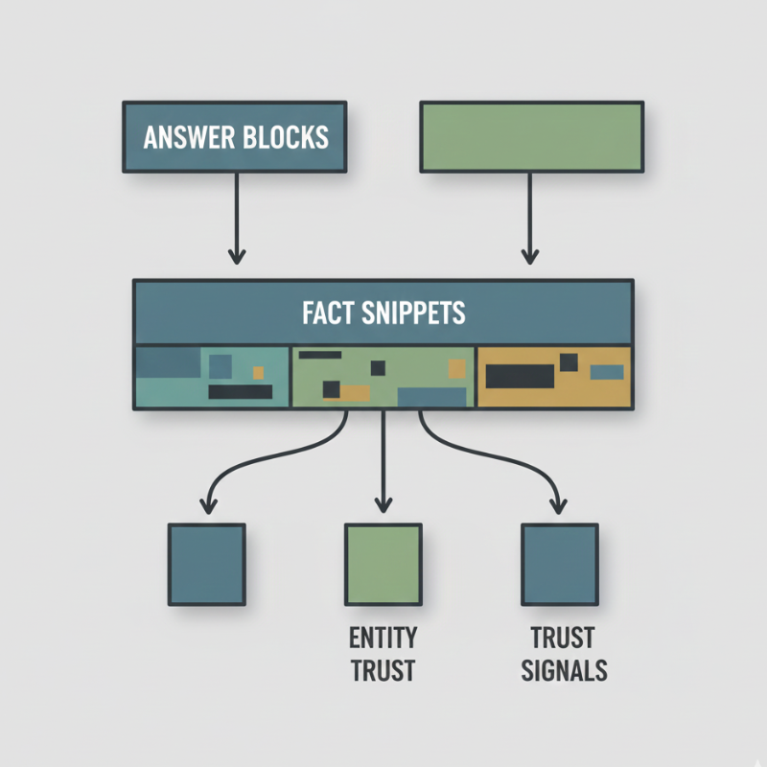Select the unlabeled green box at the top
(x=531, y=137)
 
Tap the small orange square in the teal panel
(x=257, y=372)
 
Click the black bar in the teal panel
(x=240, y=391)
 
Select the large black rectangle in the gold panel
(x=520, y=376)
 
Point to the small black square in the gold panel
(x=569, y=361)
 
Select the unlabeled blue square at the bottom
(x=206, y=564)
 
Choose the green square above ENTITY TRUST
(x=383, y=564)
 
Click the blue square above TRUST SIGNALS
(x=559, y=564)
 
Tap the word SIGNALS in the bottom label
(x=564, y=669)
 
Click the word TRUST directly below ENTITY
(x=383, y=670)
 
